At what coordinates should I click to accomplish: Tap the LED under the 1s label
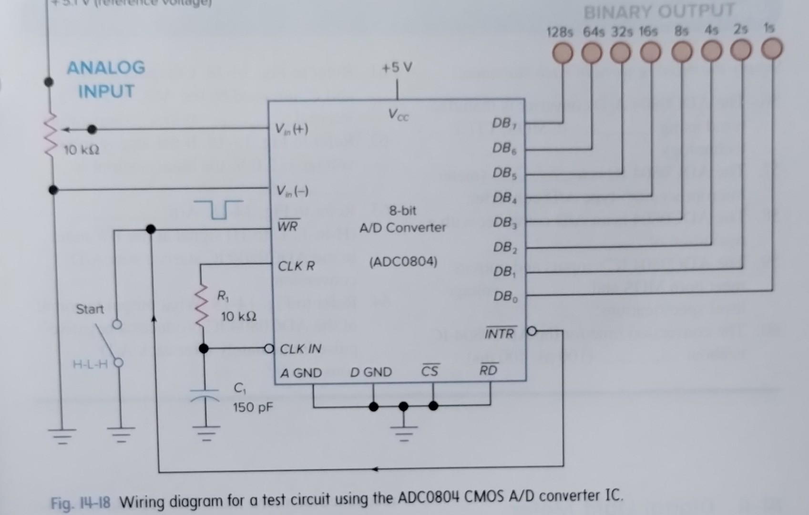(x=771, y=49)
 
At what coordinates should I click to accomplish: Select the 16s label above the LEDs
(x=648, y=32)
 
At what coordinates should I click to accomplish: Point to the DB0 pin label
(x=505, y=297)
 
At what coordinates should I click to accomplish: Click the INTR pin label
(x=500, y=333)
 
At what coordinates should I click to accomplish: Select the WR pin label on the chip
(x=287, y=226)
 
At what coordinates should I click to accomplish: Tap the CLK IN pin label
(x=300, y=349)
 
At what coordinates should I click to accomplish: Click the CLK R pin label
(x=296, y=266)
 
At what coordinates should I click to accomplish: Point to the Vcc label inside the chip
(x=398, y=114)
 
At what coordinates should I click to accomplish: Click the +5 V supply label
(x=397, y=68)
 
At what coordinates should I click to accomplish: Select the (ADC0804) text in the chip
(x=403, y=262)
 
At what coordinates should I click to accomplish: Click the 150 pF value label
(x=253, y=408)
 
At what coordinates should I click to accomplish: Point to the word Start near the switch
(x=90, y=309)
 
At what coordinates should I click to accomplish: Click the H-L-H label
(x=90, y=365)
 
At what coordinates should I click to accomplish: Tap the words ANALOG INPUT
(x=106, y=79)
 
